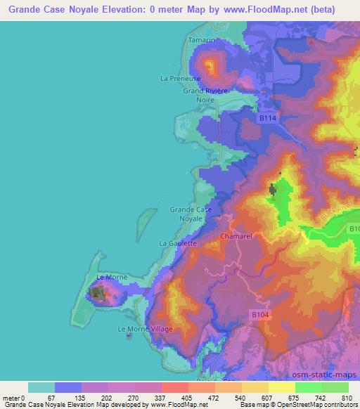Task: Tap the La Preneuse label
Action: [x=181, y=79]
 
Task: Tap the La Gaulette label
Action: [x=178, y=243]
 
